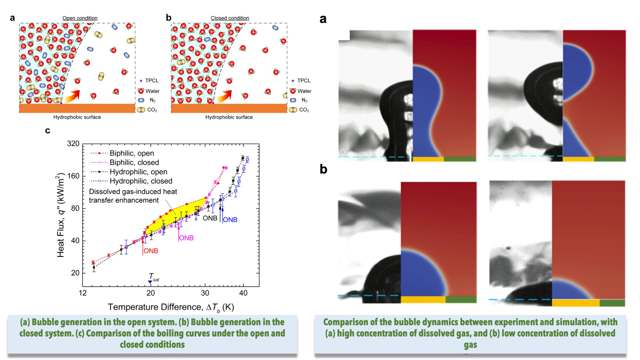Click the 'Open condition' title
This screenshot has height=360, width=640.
[80, 18]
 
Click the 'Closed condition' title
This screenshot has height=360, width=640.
[230, 18]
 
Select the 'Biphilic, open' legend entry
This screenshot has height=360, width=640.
[132, 153]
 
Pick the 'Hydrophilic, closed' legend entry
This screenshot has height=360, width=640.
[141, 181]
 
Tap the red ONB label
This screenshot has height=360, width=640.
[151, 251]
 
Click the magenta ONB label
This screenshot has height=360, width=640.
[186, 238]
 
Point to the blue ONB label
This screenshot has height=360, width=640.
[230, 220]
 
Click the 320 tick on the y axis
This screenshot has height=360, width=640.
[73, 143]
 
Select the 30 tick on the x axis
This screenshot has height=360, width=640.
[205, 293]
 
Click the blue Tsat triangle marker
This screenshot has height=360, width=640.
[150, 282]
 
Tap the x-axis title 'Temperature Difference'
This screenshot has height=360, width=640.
[154, 307]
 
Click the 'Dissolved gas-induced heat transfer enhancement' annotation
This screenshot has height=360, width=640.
[133, 196]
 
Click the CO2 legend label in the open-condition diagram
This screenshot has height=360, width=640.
[152, 110]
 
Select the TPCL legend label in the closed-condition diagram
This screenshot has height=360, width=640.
[304, 80]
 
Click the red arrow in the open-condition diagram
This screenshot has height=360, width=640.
[72, 96]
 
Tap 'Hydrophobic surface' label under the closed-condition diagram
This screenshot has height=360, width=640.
[229, 117]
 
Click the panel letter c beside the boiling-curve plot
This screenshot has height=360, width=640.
[48, 131]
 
